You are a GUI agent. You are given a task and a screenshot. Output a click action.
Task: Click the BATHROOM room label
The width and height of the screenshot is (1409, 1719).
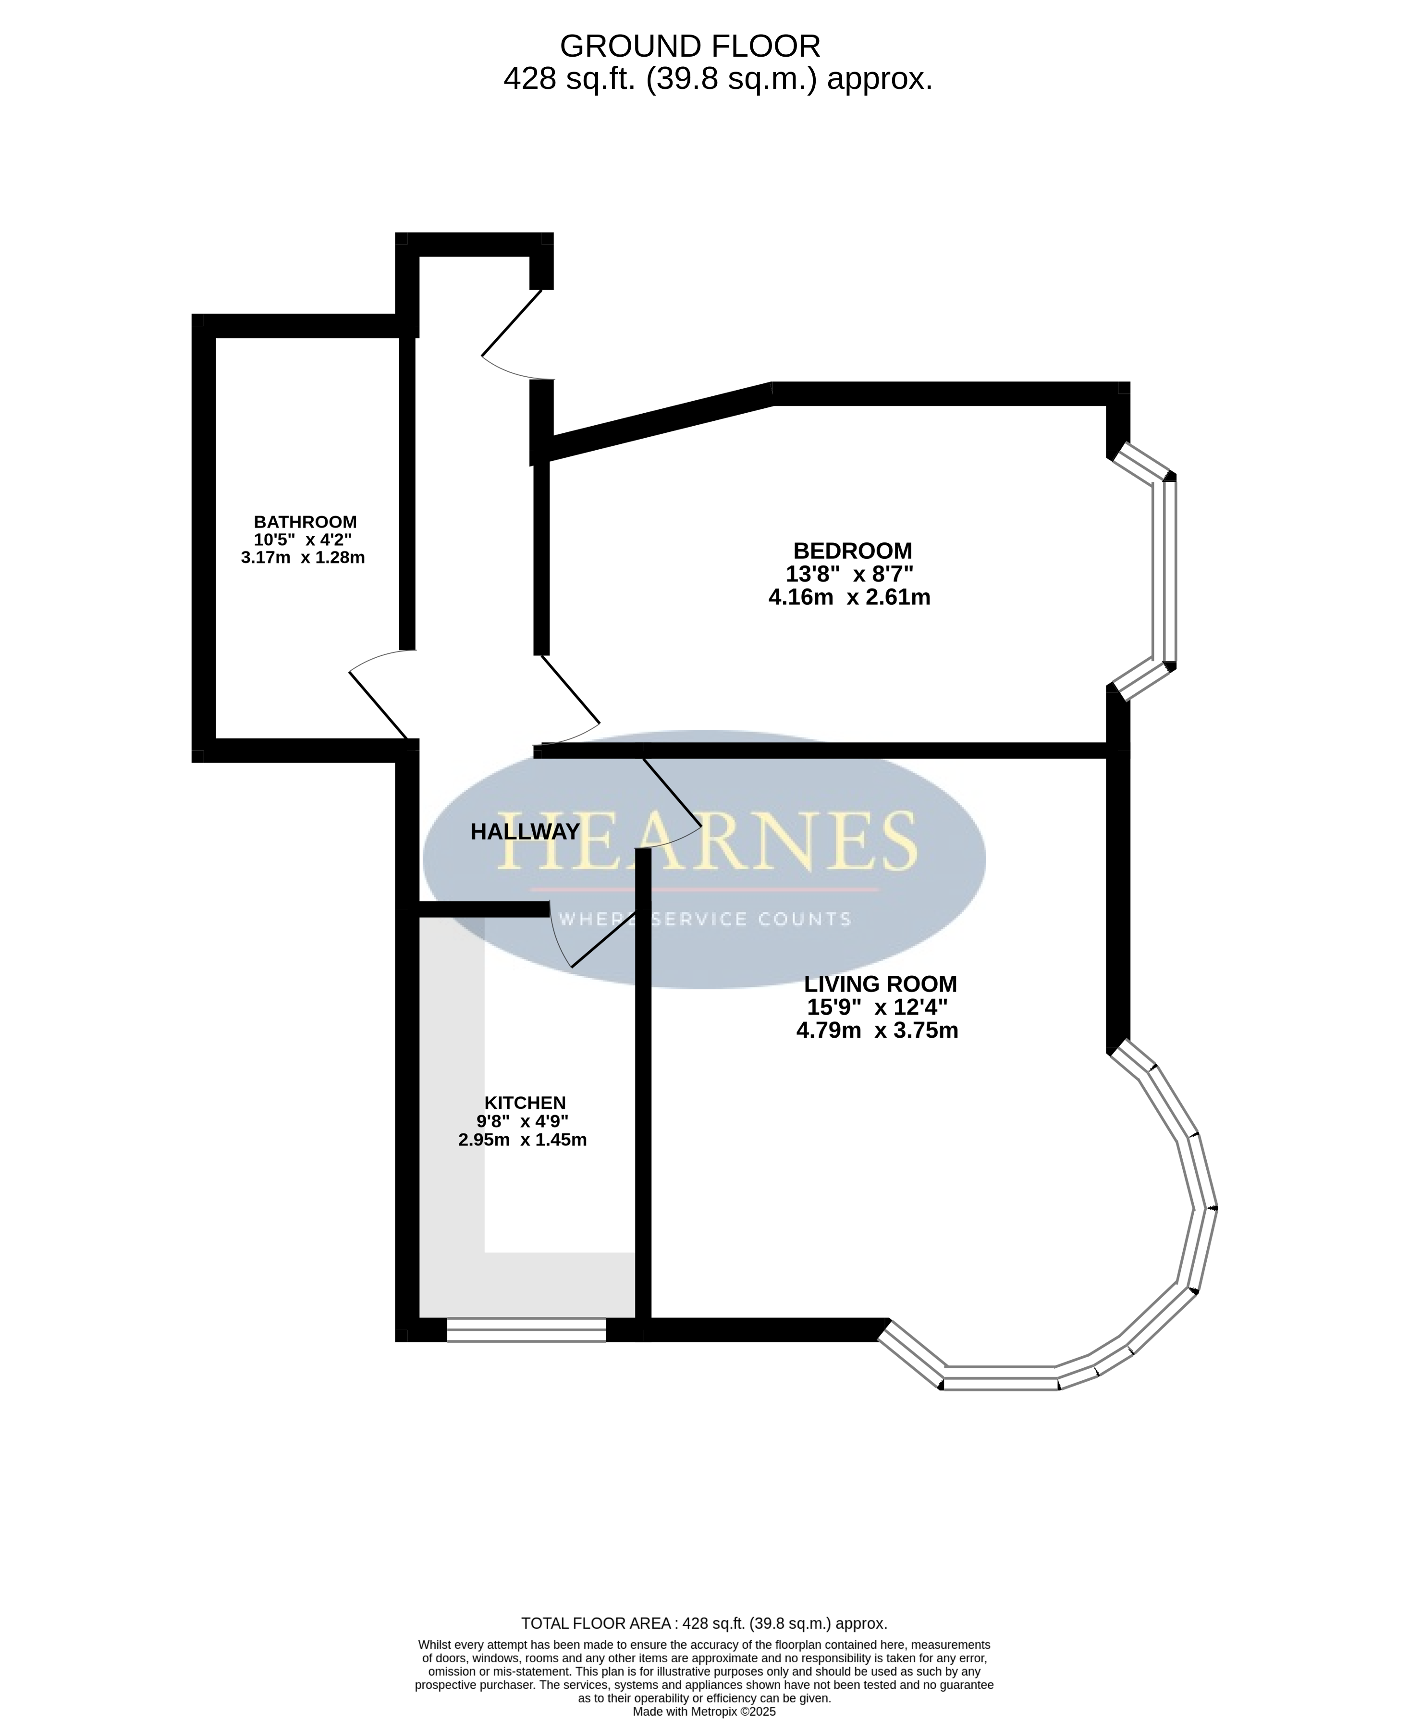point(305,522)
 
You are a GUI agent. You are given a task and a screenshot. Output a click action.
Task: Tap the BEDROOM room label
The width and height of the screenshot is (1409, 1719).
point(852,551)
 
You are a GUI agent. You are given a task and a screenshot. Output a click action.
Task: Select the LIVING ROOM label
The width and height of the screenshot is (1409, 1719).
point(881,983)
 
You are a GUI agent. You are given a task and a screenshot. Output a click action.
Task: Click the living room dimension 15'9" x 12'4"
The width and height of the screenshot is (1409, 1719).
point(877,1007)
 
